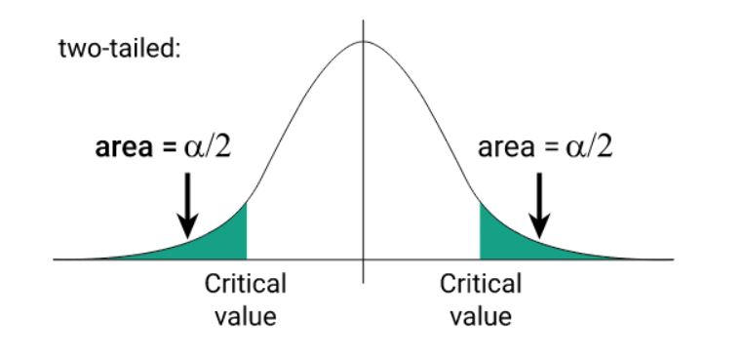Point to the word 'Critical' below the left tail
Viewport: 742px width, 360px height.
pyautogui.click(x=245, y=284)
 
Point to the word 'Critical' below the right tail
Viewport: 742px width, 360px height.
pyautogui.click(x=481, y=284)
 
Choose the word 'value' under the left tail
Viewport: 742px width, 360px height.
pyautogui.click(x=245, y=316)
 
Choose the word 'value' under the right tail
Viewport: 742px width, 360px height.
pyautogui.click(x=481, y=316)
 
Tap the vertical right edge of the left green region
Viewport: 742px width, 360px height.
pyautogui.click(x=247, y=230)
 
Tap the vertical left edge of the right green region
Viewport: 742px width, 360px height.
pyautogui.click(x=480, y=230)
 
